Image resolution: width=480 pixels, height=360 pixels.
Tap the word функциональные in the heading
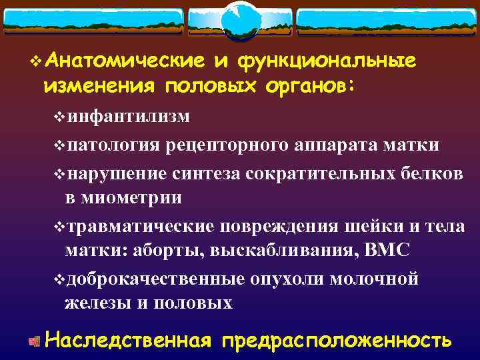[x=326, y=61]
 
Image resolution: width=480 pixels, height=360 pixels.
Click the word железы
[x=97, y=303]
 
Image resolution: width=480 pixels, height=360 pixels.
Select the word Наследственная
[x=128, y=340]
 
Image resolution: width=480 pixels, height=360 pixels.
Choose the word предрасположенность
[x=337, y=340]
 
